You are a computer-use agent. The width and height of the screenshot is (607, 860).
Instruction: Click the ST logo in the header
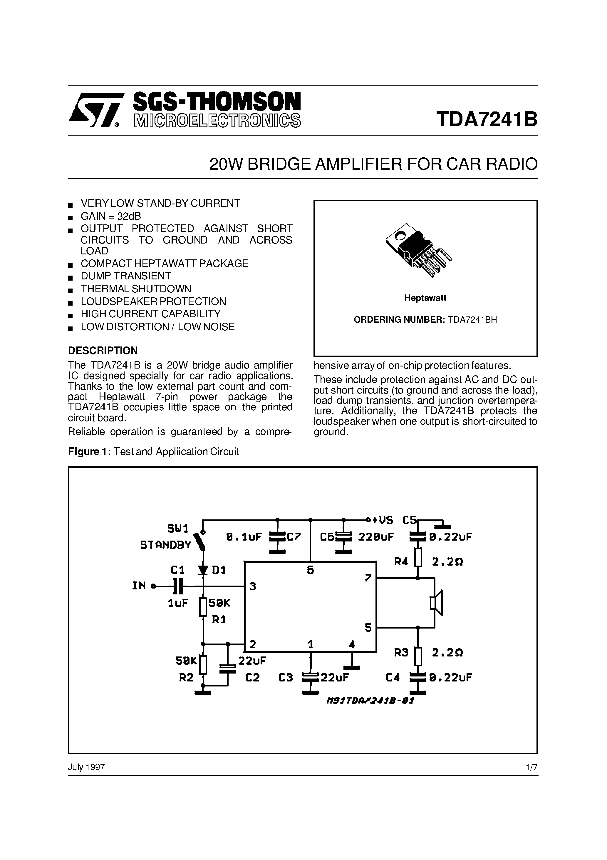click(95, 110)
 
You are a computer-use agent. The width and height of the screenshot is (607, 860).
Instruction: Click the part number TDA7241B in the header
click(486, 119)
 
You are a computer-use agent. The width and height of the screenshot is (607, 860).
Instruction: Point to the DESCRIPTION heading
click(103, 351)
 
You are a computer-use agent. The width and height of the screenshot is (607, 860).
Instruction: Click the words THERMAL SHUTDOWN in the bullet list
click(136, 289)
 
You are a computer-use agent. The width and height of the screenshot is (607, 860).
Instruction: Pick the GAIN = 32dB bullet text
click(111, 216)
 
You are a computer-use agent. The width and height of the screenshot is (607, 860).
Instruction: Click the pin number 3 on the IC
click(253, 586)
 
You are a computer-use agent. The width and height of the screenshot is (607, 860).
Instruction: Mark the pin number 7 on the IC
click(368, 578)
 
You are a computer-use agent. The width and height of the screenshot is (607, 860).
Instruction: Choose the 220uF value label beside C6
click(376, 537)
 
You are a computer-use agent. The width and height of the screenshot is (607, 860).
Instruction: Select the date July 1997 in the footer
click(86, 767)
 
